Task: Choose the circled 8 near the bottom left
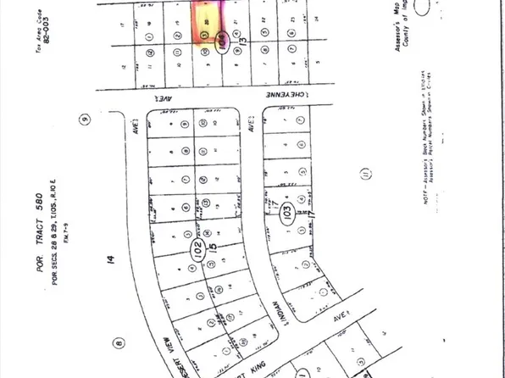[x=118, y=343]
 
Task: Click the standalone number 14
[x=108, y=264]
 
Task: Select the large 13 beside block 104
[x=243, y=39]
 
